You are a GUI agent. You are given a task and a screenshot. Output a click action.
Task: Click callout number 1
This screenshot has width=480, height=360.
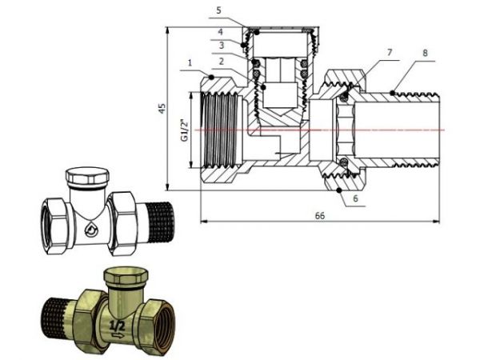tap(189, 62)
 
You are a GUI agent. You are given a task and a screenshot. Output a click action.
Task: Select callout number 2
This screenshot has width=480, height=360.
tap(218, 60)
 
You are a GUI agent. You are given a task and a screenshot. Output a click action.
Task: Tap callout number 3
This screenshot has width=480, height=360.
tap(218, 46)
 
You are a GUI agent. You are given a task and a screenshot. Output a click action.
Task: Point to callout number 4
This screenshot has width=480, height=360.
tap(218, 32)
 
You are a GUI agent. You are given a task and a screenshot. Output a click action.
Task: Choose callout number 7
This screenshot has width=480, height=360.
tap(389, 52)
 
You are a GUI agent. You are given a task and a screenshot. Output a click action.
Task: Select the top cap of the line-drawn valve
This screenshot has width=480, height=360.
tap(88, 177)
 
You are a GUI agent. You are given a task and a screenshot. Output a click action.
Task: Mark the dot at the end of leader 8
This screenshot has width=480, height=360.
tap(393, 94)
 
